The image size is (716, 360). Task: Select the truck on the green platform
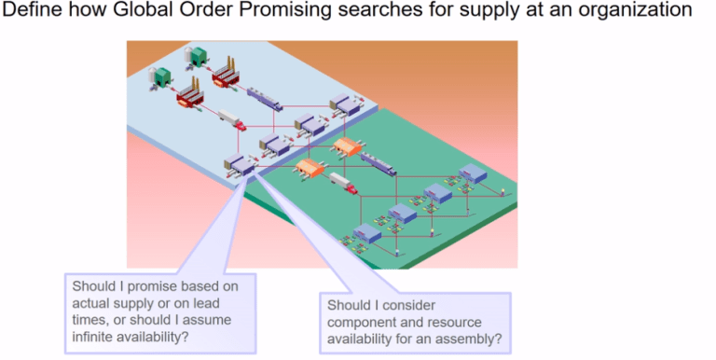click(343, 184)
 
